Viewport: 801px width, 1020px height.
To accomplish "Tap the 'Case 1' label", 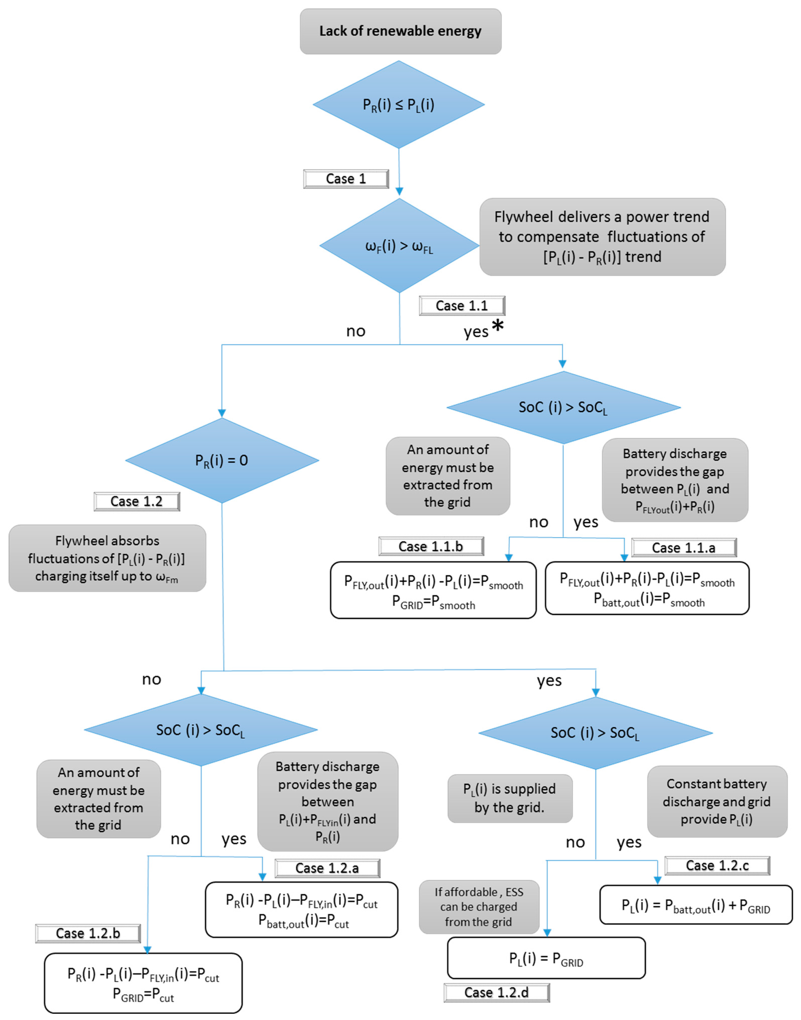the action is point(346,179).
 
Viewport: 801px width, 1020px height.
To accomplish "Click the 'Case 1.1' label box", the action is point(462,306).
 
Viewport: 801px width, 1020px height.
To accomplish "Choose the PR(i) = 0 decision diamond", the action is point(222,460).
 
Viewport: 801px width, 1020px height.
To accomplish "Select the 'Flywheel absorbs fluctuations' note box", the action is point(107,558).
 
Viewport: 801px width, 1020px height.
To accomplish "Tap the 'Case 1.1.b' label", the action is point(431,546).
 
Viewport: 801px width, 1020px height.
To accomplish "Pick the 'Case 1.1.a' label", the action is point(684,548).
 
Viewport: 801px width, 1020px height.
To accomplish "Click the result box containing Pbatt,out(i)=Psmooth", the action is point(647,588).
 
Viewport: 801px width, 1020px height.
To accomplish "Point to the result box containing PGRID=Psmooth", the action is point(433,590).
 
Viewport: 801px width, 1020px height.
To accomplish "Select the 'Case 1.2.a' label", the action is point(327,868).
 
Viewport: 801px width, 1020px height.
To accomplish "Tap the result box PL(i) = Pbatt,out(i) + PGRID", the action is point(696,905).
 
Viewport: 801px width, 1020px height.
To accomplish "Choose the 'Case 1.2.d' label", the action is point(497,992).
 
